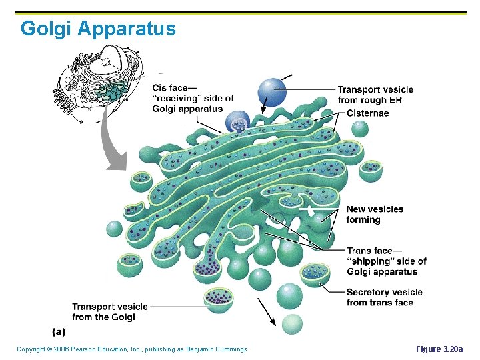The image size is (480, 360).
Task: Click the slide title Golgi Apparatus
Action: [98, 29]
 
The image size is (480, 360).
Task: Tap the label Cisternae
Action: [367, 113]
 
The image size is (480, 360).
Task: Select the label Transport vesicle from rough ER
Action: [375, 95]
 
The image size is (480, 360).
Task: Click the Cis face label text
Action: [193, 98]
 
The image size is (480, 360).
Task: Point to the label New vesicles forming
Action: [375, 214]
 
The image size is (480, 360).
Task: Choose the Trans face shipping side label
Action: [386, 261]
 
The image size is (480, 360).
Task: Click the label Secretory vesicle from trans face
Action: [384, 297]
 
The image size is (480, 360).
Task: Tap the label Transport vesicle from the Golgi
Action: [110, 311]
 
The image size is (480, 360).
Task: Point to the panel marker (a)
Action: [59, 331]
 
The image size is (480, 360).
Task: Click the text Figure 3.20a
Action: [439, 349]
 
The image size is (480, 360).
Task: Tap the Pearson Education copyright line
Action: [131, 349]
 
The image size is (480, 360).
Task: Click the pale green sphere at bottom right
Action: [291, 325]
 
